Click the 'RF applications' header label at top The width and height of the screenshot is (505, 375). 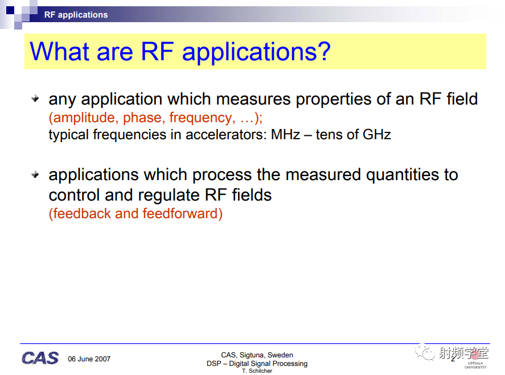76,15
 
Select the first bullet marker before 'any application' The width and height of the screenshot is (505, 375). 35,98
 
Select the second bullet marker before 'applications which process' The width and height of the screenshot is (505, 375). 35,174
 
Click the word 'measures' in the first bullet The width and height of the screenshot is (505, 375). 253,99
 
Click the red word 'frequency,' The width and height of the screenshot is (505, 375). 202,118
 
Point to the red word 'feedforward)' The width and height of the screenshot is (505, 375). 183,214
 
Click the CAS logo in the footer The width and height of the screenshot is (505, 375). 40,358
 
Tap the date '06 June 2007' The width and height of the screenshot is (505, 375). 89,359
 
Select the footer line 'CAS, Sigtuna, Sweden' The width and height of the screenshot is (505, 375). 257,355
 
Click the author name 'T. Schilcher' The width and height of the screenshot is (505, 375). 257,371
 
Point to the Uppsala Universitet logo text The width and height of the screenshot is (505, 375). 475,365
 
